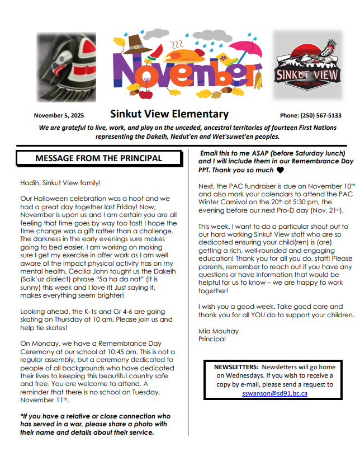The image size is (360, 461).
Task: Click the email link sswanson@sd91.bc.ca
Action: [274, 393]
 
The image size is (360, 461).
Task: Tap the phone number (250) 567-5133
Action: [311, 115]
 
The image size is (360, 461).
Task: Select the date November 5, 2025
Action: [59, 115]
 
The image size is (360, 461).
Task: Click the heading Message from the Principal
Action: [98, 158]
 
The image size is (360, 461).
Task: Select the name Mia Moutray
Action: [219, 331]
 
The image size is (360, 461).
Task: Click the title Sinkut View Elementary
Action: [169, 114]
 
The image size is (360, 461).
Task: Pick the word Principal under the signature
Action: [212, 339]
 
